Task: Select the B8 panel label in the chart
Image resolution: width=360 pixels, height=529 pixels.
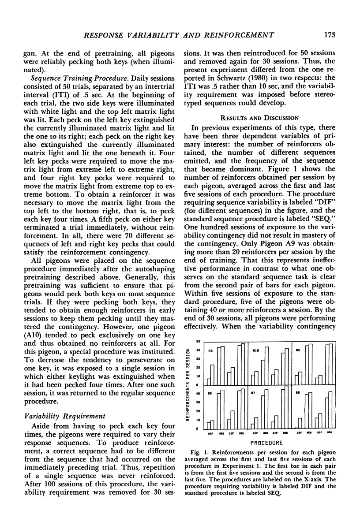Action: pos(299,392)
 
